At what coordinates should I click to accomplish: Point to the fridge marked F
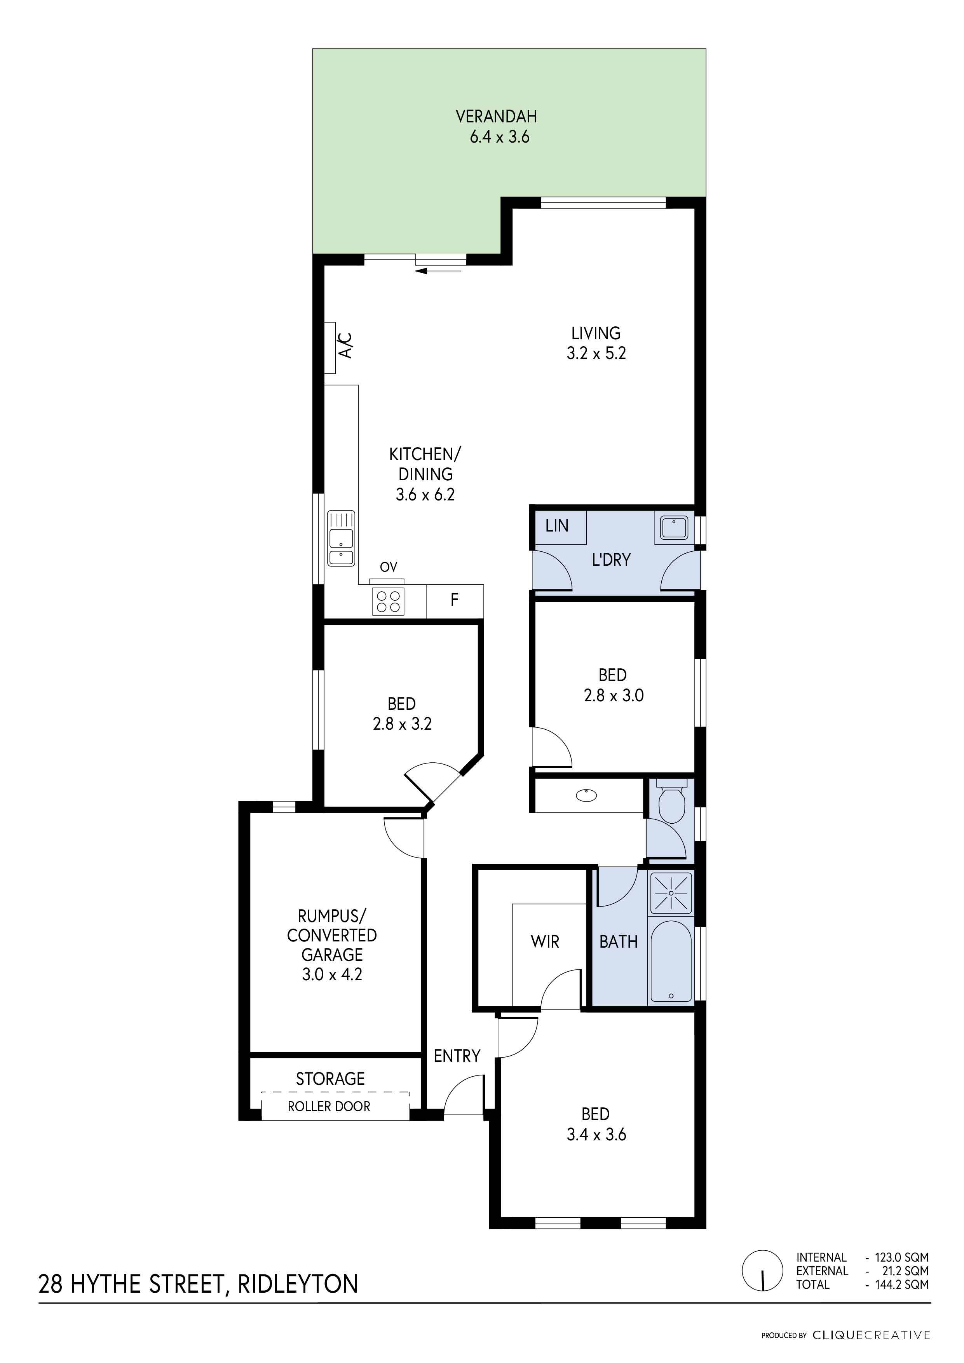point(455,601)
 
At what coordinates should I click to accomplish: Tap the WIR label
point(545,941)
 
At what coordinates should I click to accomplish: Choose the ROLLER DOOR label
point(329,1107)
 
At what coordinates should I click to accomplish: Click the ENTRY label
point(457,1056)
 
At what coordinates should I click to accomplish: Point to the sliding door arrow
point(439,271)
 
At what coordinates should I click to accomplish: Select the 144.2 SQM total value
point(902,1284)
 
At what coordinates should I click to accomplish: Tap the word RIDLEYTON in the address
point(298,1284)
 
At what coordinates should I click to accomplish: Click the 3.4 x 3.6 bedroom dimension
point(596,1135)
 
